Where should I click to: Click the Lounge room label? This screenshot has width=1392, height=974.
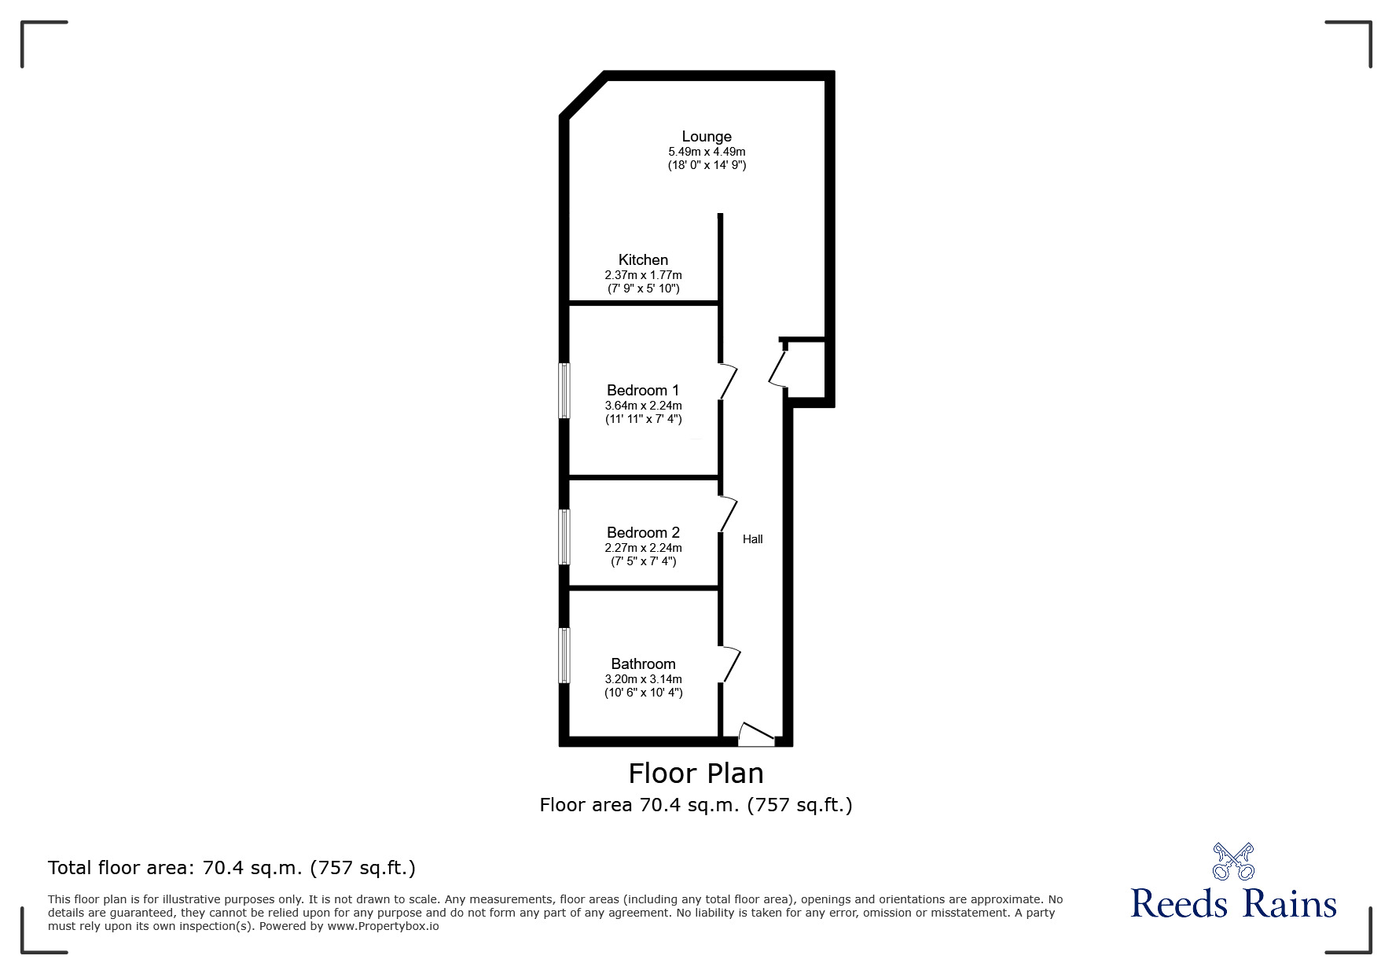(707, 137)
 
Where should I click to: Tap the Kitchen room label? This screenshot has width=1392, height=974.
(643, 260)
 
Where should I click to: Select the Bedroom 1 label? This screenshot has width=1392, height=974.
(643, 391)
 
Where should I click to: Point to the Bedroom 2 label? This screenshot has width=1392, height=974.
(643, 533)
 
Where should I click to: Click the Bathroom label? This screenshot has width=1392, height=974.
(643, 664)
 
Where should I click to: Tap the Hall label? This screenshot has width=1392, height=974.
(753, 539)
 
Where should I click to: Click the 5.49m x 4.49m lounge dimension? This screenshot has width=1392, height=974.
(707, 152)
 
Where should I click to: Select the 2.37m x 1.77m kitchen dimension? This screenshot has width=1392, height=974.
(643, 275)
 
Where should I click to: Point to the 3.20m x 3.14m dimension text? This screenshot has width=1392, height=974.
(643, 679)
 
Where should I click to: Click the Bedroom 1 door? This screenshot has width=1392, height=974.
(729, 381)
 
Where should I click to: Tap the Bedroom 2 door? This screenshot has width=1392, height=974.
(729, 514)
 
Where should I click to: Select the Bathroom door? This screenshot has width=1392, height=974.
(730, 665)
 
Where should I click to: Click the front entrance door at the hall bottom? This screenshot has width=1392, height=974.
(756, 735)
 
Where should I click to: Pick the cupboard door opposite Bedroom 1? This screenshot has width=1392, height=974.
(778, 366)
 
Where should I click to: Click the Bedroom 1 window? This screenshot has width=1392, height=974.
(564, 391)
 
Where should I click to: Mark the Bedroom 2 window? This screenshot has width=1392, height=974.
(564, 537)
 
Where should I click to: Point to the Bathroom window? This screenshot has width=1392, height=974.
(564, 656)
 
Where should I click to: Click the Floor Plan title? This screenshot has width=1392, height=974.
(696, 774)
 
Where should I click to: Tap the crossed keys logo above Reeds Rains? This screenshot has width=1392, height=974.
(1233, 861)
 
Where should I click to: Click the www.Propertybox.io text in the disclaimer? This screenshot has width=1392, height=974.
(383, 926)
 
